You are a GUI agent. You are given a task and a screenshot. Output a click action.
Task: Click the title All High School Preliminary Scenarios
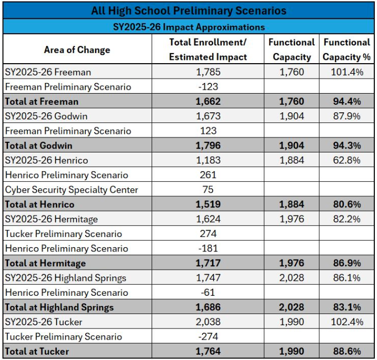coord(188,11)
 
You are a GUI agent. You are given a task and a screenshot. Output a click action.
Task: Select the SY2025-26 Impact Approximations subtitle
coord(188,27)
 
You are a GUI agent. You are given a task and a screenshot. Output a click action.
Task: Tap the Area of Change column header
coord(77,50)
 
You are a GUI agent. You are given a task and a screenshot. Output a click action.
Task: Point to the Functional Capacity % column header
coord(346,49)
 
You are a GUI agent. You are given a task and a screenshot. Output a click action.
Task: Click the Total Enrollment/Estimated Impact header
coord(208,49)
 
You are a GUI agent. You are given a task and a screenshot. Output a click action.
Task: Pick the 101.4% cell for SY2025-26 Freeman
coord(346,72)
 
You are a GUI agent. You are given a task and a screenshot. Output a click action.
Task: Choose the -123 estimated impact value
coord(208,87)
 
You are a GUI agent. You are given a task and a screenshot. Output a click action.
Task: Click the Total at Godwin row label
coord(38,145)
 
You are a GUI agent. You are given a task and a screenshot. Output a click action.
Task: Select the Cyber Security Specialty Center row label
coord(71,189)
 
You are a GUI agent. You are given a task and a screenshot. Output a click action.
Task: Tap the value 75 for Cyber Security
coord(208,189)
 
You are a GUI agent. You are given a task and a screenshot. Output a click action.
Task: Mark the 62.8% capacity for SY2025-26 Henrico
coord(346,160)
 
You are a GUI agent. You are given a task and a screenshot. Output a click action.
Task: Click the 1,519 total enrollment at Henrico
coord(208,204)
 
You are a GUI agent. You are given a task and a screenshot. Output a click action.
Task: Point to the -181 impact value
coord(208,248)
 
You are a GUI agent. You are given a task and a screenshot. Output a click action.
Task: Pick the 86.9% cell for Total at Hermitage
coord(346,263)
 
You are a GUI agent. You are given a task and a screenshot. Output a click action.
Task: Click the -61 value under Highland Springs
coord(208,293)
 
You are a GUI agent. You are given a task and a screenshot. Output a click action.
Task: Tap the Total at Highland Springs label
coord(59,307)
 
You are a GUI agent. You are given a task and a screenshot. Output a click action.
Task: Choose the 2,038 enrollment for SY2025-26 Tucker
coord(208,322)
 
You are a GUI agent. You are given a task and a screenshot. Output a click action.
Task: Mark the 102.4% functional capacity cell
coord(346,322)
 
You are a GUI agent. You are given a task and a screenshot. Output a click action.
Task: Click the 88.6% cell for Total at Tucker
coord(346,351)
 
